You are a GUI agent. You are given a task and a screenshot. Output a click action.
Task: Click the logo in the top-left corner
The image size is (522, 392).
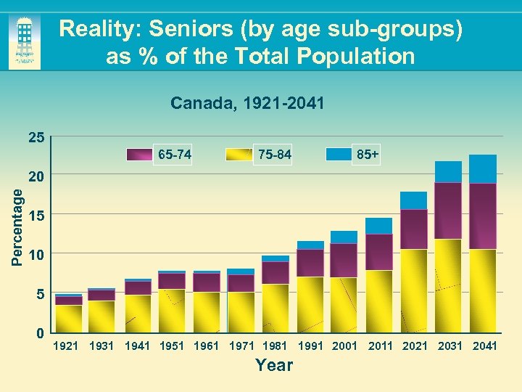(25, 42)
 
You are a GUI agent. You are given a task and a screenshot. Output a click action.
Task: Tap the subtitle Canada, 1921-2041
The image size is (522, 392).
(247, 103)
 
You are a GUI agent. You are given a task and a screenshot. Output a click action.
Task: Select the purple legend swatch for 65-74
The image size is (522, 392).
(139, 154)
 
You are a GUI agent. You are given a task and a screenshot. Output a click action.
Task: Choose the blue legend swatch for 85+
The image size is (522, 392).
(339, 154)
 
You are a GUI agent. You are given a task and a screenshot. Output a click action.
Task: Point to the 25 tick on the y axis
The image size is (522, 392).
(36, 137)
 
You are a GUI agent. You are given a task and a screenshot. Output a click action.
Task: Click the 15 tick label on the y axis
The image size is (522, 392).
(36, 216)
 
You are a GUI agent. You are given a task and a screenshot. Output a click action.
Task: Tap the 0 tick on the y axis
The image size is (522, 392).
(41, 333)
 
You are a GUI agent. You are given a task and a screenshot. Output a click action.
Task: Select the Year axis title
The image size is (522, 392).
(274, 365)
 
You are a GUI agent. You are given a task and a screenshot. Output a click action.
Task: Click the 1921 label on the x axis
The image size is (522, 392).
(67, 346)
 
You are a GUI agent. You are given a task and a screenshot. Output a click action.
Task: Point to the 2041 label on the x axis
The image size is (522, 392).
(484, 346)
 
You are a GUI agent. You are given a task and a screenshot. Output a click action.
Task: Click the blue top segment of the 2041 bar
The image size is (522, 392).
(483, 168)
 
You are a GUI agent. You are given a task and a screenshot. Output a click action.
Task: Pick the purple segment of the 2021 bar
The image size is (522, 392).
(413, 229)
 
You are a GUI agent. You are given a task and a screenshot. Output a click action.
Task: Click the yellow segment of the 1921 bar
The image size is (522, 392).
(68, 319)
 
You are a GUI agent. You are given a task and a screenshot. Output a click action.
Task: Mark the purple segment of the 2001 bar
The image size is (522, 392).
(344, 260)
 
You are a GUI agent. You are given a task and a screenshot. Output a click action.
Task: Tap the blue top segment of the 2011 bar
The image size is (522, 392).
(378, 226)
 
